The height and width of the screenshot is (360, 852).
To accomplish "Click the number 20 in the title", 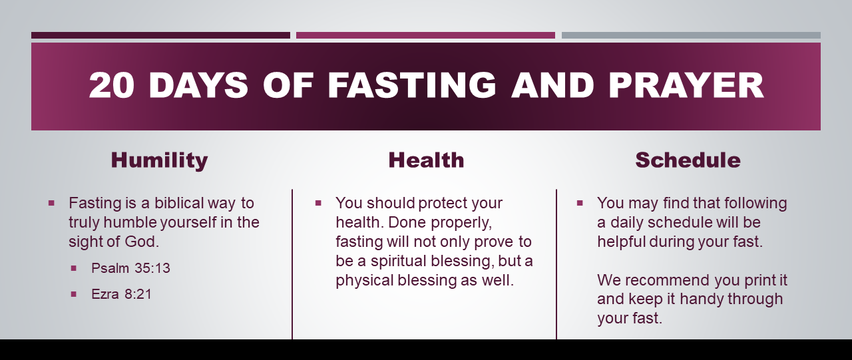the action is point(111,85).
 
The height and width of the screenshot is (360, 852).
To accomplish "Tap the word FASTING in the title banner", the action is point(412,85).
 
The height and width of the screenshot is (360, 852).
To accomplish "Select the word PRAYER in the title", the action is point(686,85).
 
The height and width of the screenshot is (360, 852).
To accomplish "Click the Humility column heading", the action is point(159,160).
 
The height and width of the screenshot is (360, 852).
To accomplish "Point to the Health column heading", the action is point(427,160).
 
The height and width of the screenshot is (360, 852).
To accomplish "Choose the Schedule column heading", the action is point(688,160).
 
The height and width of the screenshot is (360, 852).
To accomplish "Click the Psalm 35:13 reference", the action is point(130,268).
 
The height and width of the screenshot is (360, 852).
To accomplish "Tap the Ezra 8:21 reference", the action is point(121,294).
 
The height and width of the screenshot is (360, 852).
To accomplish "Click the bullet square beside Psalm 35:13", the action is point(74,268).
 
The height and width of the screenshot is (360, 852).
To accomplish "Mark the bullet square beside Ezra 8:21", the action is point(74,294).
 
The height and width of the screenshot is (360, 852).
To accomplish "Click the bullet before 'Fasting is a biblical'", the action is point(52,204).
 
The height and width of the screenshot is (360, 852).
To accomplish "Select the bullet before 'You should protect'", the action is point(318,204).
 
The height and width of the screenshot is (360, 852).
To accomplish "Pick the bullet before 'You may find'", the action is point(580,204).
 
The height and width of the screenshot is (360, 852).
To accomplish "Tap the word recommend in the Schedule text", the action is point(668,281).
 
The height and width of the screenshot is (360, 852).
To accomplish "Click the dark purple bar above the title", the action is point(160,35).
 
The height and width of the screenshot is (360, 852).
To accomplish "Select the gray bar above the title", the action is point(691,35).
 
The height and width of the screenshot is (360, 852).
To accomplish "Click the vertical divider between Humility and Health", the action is point(292,264).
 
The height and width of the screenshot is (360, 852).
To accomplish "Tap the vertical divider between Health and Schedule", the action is point(556,264).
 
